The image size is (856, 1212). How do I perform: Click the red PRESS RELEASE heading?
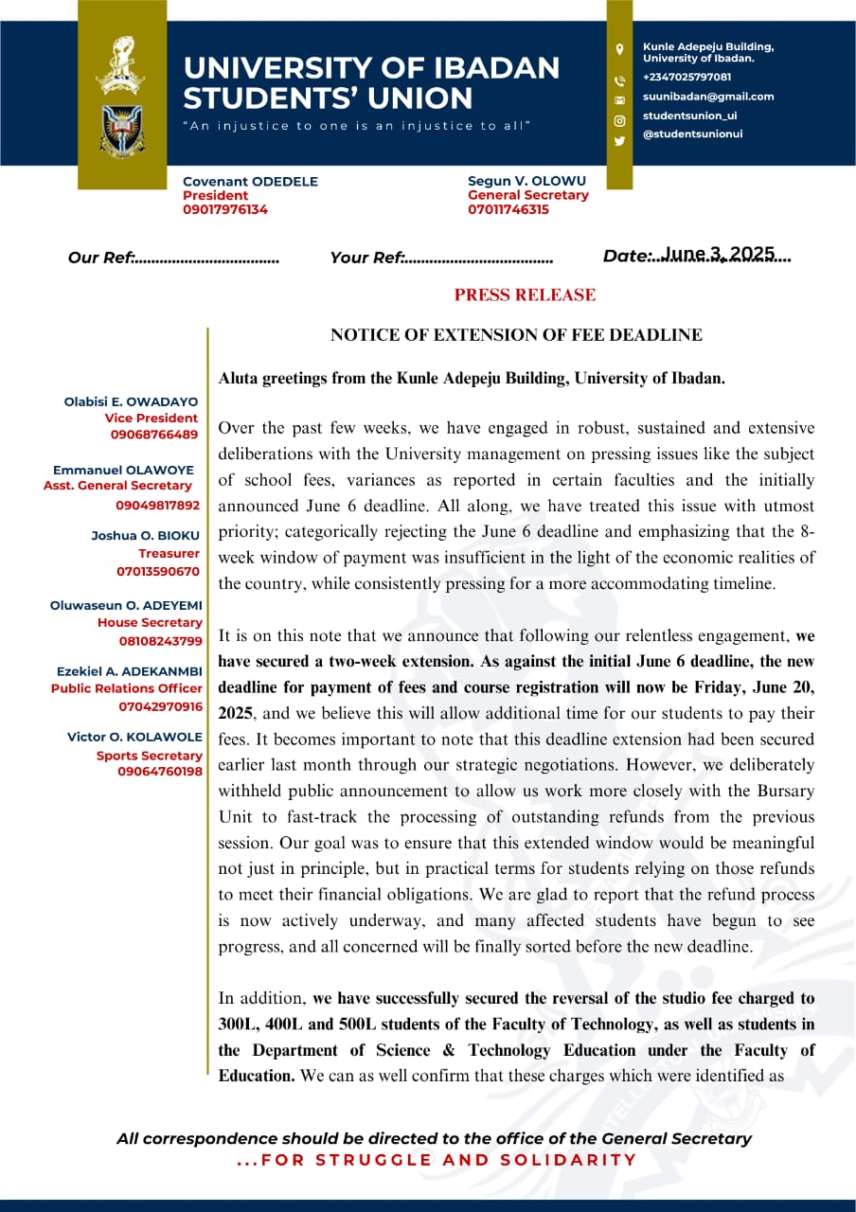click(525, 294)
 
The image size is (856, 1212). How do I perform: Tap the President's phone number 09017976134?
click(225, 209)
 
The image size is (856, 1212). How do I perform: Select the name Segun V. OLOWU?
click(526, 181)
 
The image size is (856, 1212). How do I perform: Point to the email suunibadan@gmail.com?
click(708, 97)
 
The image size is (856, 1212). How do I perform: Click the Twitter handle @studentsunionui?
click(692, 134)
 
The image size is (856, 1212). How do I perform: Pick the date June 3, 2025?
click(719, 254)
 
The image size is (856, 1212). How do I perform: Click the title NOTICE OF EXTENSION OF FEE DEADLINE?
click(516, 334)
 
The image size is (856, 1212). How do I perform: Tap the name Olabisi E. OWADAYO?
click(131, 401)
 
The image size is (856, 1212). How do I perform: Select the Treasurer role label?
click(169, 553)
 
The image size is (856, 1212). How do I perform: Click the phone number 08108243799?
click(159, 641)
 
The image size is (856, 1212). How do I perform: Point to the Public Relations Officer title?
click(127, 688)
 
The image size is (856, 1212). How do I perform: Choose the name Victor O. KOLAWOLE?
click(134, 737)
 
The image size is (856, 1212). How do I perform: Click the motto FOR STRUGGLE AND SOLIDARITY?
click(437, 1160)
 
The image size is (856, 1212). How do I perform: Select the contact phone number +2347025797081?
click(687, 77)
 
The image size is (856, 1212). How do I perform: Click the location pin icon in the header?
click(619, 49)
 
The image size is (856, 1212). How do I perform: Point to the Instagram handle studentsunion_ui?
click(689, 116)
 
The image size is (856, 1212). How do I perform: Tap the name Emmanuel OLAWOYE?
click(123, 470)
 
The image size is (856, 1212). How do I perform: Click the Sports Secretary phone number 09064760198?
click(160, 772)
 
